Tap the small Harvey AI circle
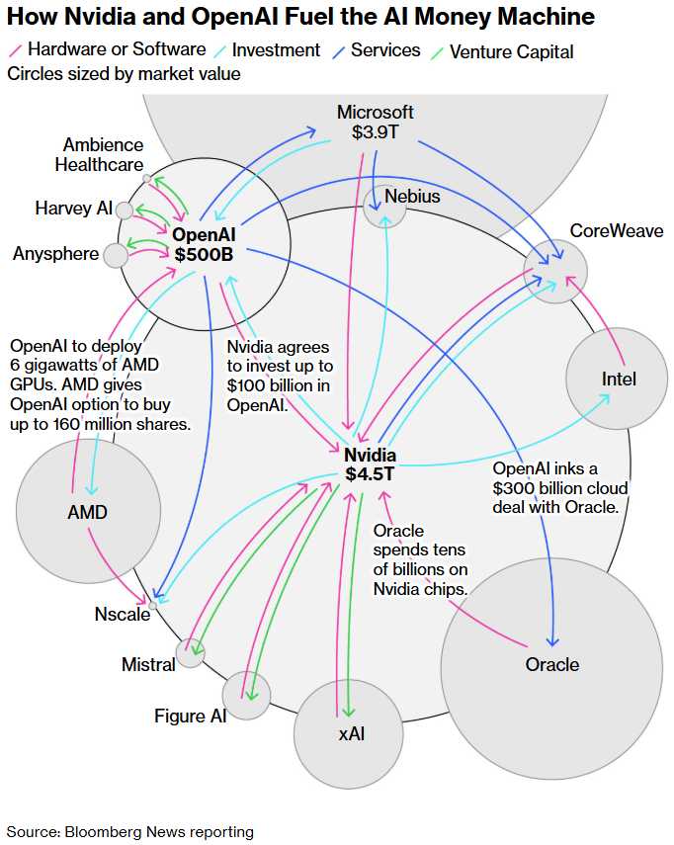(124, 210)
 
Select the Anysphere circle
(116, 255)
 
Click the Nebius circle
(384, 205)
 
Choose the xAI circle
(348, 733)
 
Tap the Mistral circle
(190, 653)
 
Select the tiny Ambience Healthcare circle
(146, 179)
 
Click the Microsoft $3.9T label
(375, 122)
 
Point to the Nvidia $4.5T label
(371, 465)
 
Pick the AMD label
(87, 512)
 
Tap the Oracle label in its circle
(552, 664)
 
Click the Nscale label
(124, 614)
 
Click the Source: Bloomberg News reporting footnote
(130, 831)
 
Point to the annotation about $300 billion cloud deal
(559, 487)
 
